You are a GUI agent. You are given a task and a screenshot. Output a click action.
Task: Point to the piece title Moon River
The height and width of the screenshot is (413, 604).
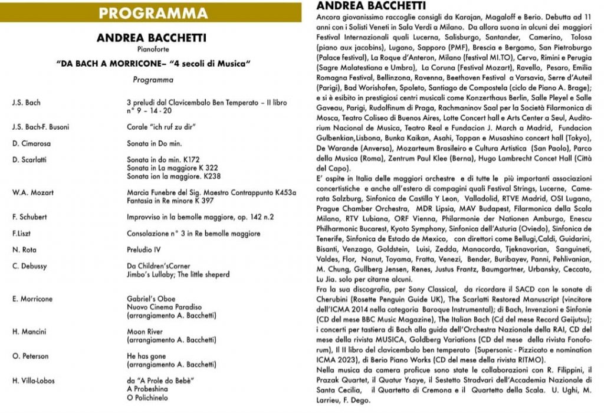[x=145, y=332]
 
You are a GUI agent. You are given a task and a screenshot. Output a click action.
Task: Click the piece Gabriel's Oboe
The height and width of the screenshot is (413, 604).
[x=151, y=299]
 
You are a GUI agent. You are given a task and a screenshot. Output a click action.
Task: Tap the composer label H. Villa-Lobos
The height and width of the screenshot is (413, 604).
[x=33, y=381]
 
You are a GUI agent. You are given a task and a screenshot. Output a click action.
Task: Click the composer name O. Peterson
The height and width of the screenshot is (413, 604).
[x=29, y=356]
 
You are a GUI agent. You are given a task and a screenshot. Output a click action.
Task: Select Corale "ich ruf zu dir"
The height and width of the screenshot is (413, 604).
[x=160, y=127]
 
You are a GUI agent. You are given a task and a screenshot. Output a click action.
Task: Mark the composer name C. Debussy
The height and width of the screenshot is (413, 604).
[x=29, y=266]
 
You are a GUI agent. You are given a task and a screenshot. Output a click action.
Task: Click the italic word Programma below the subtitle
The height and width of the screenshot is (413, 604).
[x=153, y=80]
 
